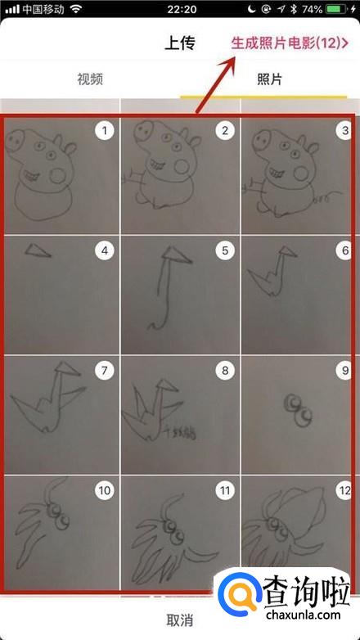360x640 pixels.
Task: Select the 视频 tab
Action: [90, 79]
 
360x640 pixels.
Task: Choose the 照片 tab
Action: [269, 79]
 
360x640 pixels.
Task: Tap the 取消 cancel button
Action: [180, 620]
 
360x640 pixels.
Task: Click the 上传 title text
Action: [180, 43]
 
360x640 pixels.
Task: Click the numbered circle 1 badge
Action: [105, 131]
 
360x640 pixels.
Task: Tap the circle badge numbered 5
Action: [225, 250]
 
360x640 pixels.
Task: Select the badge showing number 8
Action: [225, 371]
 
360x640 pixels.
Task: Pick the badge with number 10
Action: [105, 490]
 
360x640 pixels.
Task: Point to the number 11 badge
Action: [225, 490]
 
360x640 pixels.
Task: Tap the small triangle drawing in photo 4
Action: [37, 250]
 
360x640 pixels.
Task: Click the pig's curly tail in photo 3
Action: [326, 196]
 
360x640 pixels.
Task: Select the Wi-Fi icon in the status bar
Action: [76, 9]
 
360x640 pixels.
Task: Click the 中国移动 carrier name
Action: [44, 9]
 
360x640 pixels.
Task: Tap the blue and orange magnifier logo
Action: [239, 593]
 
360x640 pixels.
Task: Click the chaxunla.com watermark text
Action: [303, 614]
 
